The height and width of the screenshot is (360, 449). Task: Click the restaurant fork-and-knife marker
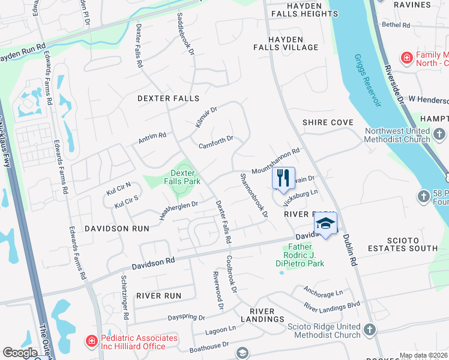pos(283,178)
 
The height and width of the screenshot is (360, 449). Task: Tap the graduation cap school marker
pos(325,223)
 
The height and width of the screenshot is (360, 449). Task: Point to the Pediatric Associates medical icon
pos(91,341)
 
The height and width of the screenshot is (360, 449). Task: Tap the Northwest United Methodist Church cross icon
pos(439,134)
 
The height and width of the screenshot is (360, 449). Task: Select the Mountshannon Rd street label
pos(275,160)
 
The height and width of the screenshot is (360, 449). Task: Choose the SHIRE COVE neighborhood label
pos(328,122)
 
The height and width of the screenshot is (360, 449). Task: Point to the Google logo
pos(20,352)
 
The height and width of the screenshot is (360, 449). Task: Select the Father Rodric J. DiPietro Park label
pos(306,255)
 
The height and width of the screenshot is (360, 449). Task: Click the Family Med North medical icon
pos(407,58)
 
